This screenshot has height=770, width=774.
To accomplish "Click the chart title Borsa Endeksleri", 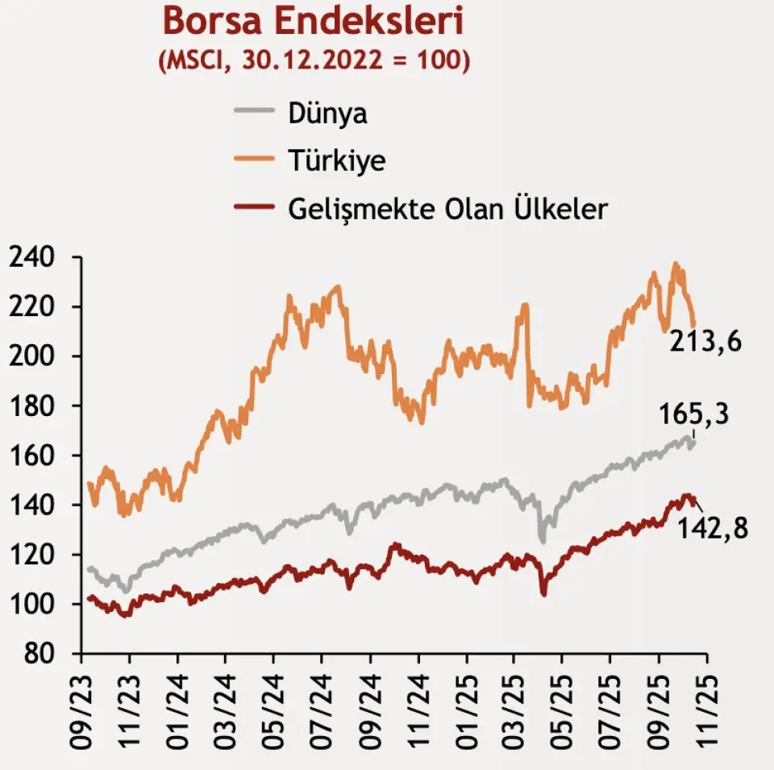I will point(314,21).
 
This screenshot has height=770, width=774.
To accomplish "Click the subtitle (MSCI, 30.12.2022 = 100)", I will point(314,60).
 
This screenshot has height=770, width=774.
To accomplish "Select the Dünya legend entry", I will point(327,113).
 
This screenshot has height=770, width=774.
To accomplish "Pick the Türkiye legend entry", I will point(336,160).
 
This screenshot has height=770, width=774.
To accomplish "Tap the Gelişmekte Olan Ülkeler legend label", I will point(447,209).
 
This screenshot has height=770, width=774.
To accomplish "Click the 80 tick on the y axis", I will point(40,654).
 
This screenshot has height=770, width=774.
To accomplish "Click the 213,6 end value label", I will point(705,343).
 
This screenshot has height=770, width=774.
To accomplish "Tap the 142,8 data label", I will point(713,529).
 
